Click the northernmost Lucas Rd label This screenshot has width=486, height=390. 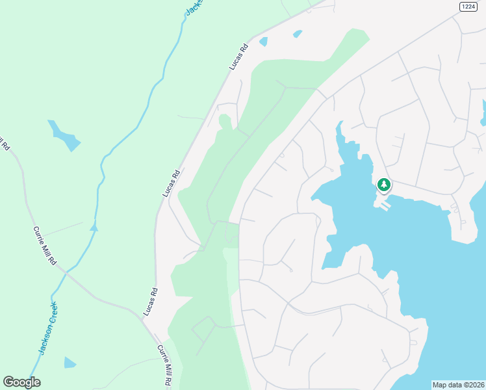pos(239,57)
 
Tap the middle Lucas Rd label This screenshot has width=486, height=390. pos(171,184)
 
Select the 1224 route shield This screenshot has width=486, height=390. pos(468,6)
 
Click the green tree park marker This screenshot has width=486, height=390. pos(384,185)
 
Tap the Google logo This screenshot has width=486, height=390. pos(21,382)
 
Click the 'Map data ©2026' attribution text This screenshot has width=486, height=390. pos(459,384)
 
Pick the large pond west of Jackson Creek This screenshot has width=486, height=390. pos(64,134)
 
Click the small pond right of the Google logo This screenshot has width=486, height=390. pos(70,362)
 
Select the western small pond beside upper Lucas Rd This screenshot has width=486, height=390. pos(263,42)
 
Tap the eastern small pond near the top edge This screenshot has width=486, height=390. pos(298,33)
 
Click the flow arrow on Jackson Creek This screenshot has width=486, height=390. pos(94,227)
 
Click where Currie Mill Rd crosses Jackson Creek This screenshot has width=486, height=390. pos(66,272)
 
